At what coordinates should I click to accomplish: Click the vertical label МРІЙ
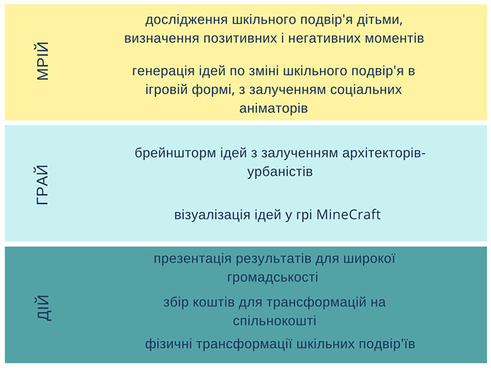click(43, 61)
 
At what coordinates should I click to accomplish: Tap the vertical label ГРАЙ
click(43, 184)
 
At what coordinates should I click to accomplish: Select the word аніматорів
click(273, 107)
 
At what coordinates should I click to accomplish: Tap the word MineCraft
click(349, 215)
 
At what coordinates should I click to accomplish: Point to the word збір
click(176, 302)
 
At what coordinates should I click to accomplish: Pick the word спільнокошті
click(273, 321)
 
